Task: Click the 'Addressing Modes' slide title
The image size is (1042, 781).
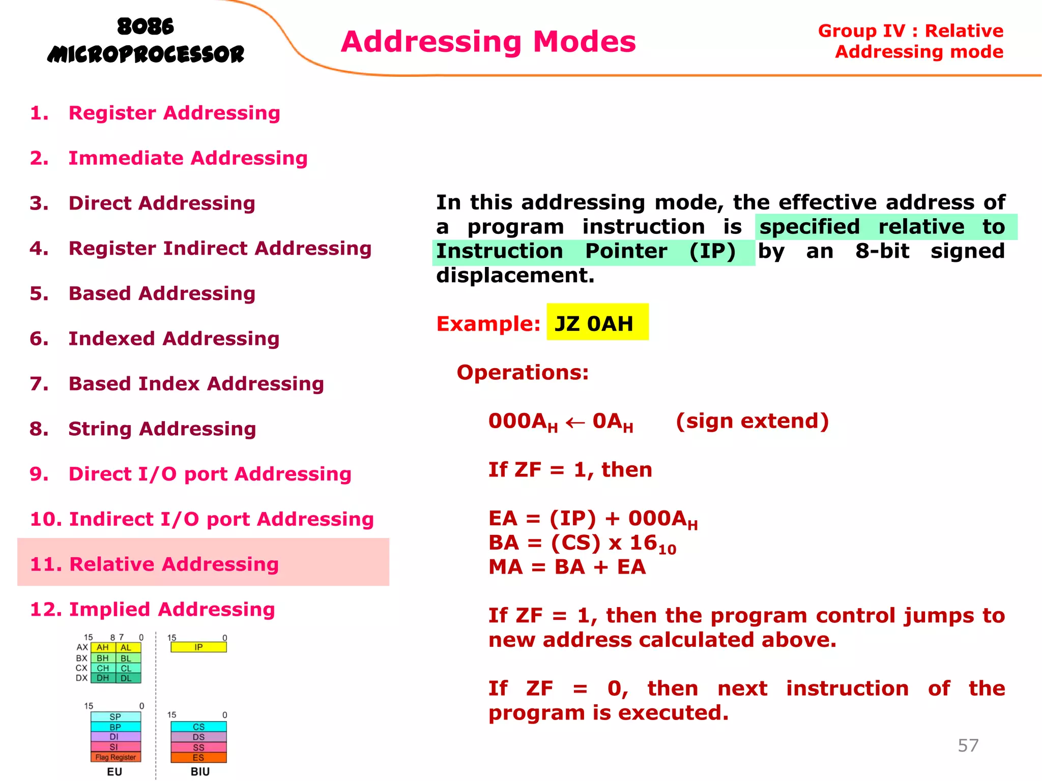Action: coord(488,42)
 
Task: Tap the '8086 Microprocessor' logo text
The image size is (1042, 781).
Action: coord(146,41)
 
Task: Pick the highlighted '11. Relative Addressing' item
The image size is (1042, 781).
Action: coord(154,564)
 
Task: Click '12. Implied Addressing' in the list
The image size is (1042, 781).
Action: coord(153,610)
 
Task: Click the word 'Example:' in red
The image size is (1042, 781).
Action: coord(488,324)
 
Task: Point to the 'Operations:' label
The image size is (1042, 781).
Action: coord(523,373)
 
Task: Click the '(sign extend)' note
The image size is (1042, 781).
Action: coord(752,422)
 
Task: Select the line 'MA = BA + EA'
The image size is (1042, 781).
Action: coord(567,567)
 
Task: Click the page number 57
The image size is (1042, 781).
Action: coord(968,745)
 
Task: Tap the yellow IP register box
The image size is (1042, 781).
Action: coord(198,647)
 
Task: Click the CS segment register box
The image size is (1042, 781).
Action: coord(198,727)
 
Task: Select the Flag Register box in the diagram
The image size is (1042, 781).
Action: coord(115,758)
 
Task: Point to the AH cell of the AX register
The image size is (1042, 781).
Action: coord(103,648)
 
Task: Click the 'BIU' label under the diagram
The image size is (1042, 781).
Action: coord(200,772)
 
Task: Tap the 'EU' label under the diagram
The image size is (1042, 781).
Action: coord(114,772)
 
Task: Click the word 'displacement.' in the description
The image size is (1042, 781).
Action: coord(515,276)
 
